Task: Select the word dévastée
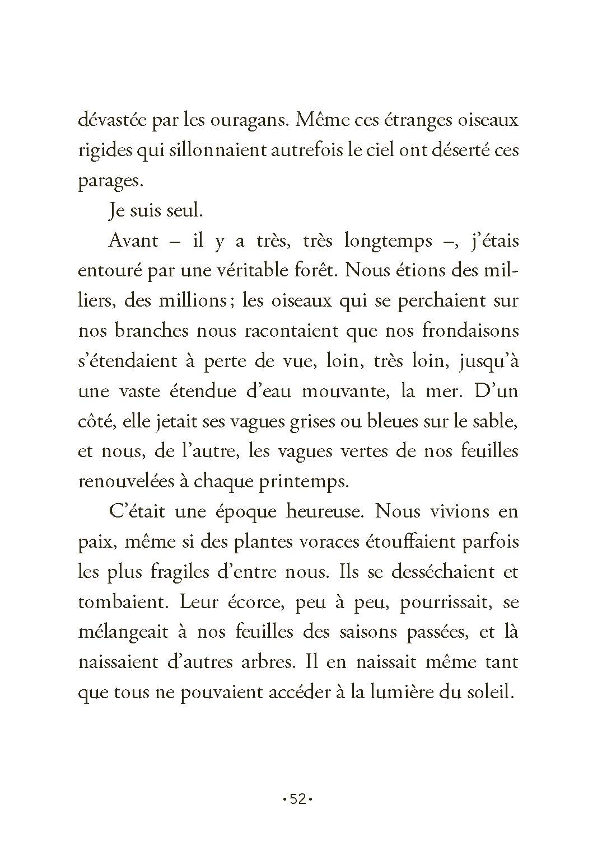click(x=113, y=120)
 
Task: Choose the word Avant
click(x=129, y=241)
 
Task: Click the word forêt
click(x=314, y=271)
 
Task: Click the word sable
click(x=495, y=421)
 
